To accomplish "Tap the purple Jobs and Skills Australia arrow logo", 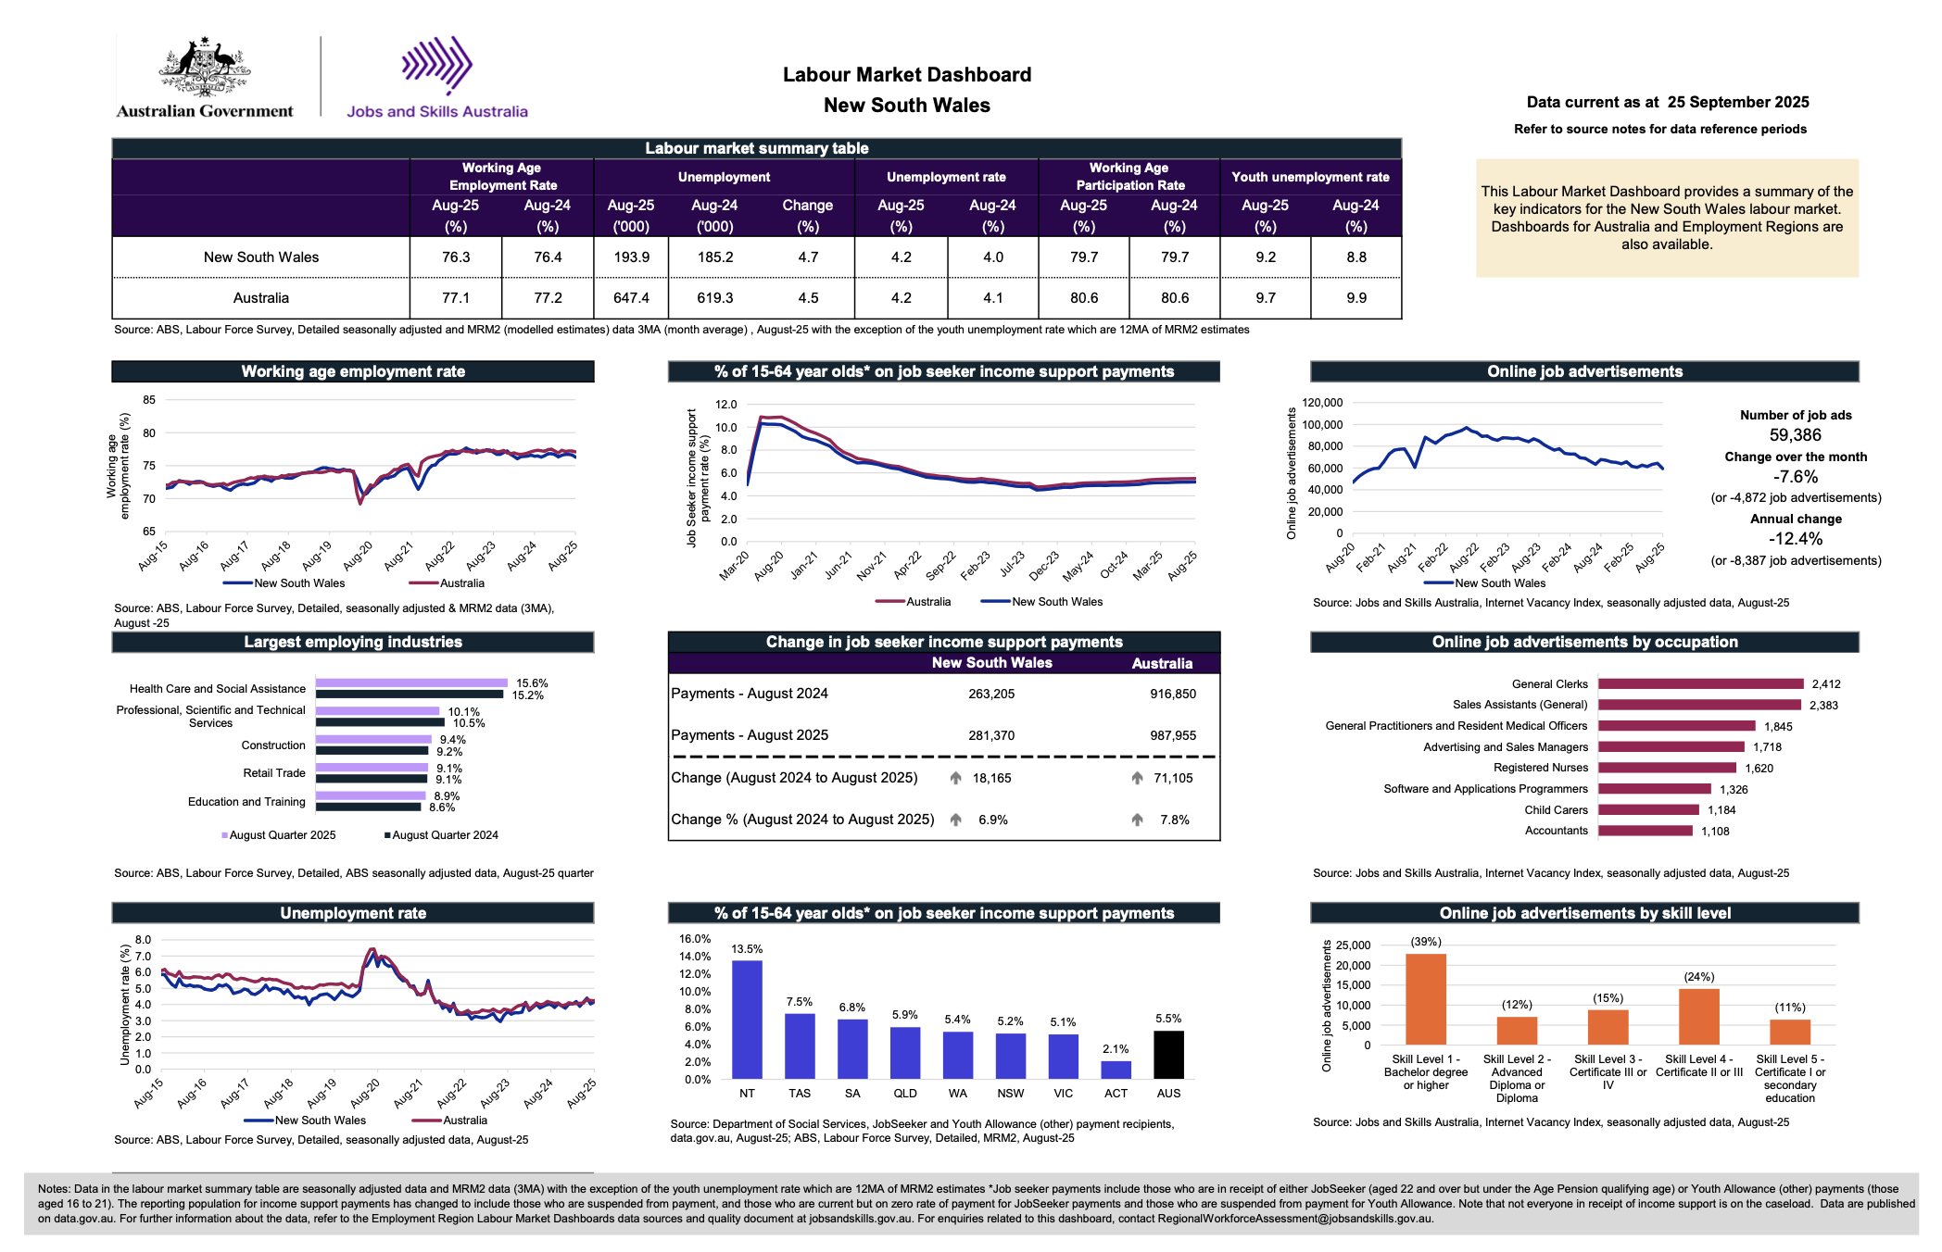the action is click(437, 65).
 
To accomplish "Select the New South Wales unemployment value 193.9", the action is click(632, 257).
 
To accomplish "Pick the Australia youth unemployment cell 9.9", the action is click(1356, 298).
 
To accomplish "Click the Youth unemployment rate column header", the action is click(1310, 177).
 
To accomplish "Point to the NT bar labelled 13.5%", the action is click(747, 1020).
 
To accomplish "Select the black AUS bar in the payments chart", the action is click(1168, 1055).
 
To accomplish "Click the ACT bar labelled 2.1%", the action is click(1116, 1070).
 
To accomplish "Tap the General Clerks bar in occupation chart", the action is click(1701, 684).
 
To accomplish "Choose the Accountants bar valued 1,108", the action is click(1646, 831).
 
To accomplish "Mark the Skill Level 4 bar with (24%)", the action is click(1699, 1017).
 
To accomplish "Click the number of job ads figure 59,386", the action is click(1796, 435).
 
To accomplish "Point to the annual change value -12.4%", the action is click(1796, 539).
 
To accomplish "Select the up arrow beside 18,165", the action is click(955, 778).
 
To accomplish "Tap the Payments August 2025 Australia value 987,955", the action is click(1173, 735).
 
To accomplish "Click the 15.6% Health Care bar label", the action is click(532, 683).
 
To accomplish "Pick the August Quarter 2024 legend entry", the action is click(442, 835).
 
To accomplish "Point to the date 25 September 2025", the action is click(1738, 102).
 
